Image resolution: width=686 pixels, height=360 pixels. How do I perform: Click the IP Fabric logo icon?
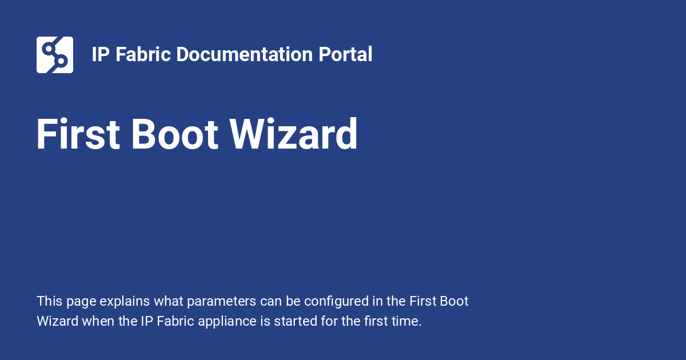click(55, 55)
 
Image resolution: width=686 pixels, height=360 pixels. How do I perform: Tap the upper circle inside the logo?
click(49, 49)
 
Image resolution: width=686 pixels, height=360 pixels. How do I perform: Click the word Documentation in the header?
click(245, 54)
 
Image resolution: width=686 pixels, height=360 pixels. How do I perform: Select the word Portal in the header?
click(345, 54)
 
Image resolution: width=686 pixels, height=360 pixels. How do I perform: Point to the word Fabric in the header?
click(143, 54)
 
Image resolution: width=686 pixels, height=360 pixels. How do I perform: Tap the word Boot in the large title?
click(174, 134)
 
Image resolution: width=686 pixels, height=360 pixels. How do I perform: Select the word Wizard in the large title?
click(293, 134)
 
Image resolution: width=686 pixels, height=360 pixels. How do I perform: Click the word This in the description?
click(50, 301)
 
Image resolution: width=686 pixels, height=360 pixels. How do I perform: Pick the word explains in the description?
click(125, 302)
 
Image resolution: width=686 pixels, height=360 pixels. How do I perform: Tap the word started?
click(296, 321)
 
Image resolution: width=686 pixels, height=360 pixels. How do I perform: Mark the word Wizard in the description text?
click(58, 321)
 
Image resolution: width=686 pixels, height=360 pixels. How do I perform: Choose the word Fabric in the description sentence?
click(175, 321)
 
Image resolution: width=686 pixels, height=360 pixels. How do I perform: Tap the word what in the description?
click(169, 301)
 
